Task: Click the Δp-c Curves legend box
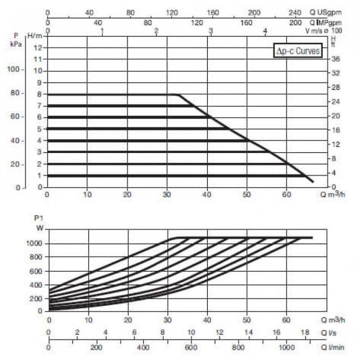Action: pos(298,50)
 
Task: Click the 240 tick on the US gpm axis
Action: pos(295,13)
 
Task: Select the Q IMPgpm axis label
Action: pos(325,23)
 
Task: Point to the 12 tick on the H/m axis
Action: pos(38,48)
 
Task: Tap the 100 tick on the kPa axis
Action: pos(13,69)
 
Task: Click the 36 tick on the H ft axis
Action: pos(335,59)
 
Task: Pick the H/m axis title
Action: pos(35,36)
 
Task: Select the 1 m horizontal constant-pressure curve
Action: pos(176,175)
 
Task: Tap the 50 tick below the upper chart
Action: pos(247,195)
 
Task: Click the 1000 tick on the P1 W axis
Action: pos(35,243)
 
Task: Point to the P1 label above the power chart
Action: pos(39,218)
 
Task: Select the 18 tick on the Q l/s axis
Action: pos(305,332)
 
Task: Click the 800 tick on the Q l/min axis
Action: pos(238,347)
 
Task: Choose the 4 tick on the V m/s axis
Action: pos(265,31)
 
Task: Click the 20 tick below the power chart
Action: pos(128,320)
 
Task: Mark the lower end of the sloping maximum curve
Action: pos(313,182)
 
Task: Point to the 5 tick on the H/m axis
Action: pos(40,129)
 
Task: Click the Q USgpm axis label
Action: pos(325,13)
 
